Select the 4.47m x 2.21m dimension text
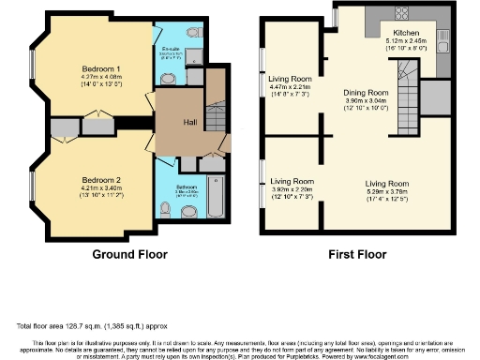(290, 86)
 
